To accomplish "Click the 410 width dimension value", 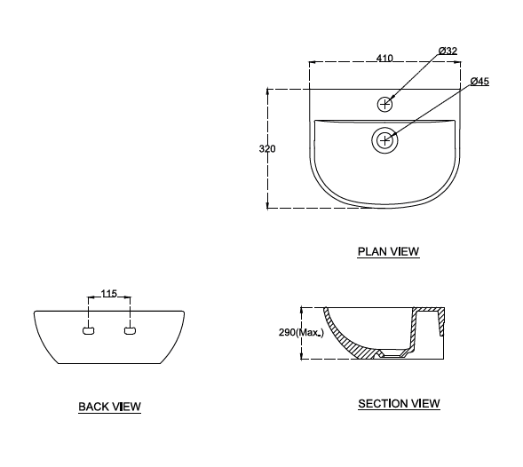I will [x=384, y=58].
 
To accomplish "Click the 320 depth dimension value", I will [x=267, y=148].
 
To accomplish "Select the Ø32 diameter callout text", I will [x=448, y=51].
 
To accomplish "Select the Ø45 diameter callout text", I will [x=479, y=82].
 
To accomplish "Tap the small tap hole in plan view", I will [x=384, y=104].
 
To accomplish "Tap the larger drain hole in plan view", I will [x=384, y=139].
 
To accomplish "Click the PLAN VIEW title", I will [x=388, y=251].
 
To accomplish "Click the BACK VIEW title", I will [x=109, y=407].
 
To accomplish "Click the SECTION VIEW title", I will [x=399, y=404].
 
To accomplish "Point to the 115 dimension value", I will [x=109, y=294].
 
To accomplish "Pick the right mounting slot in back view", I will [x=130, y=331].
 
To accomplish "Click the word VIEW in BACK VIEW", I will [x=125, y=407].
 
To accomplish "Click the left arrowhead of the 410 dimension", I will [x=312, y=62].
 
